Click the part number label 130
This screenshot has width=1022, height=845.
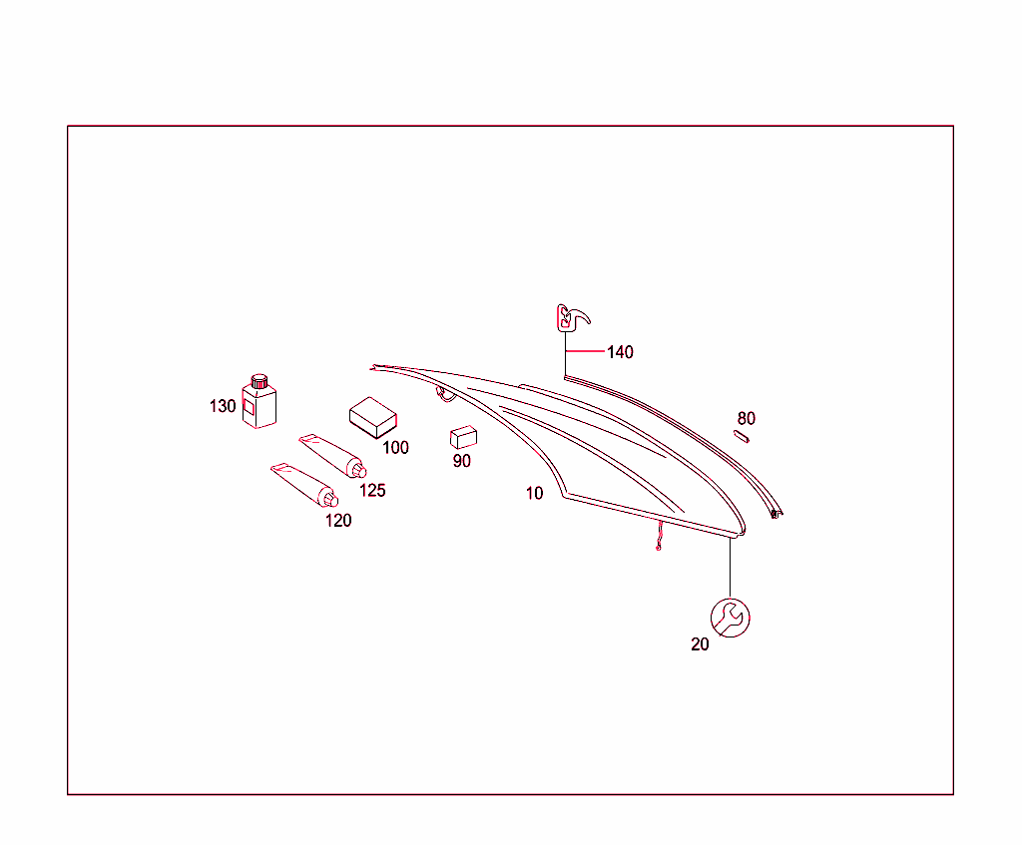pos(223,407)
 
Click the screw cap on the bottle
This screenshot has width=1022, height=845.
pos(259,380)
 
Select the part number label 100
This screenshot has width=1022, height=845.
pos(395,448)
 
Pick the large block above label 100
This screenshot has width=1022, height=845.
pos(373,418)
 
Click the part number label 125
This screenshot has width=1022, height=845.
pos(372,491)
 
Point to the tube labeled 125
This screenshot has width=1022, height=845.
pos(333,455)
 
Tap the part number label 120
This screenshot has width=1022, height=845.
pos(338,521)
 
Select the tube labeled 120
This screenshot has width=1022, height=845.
pos(304,485)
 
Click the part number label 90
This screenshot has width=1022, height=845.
pos(461,461)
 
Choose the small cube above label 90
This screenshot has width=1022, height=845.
pos(463,437)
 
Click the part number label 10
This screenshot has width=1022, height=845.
pos(535,493)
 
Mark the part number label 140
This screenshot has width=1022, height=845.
pos(620,352)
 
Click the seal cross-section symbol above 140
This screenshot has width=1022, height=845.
pos(572,318)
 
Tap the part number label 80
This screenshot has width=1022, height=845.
pos(747,418)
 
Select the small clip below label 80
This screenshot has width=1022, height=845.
pos(742,437)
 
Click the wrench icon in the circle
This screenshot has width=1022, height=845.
pos(730,618)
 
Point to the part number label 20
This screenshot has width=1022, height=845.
pos(700,644)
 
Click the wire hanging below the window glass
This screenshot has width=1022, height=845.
pos(660,536)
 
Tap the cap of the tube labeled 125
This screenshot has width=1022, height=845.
pos(358,470)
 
